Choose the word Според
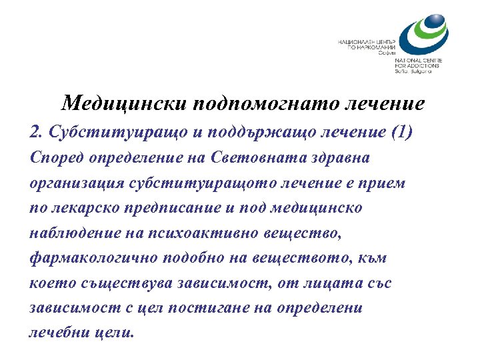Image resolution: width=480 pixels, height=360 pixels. tap(55, 158)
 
